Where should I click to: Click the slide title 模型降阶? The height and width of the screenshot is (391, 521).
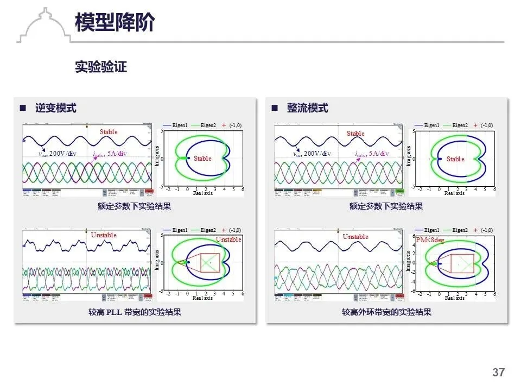[115, 22]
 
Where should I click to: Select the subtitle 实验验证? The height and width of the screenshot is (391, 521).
[101, 67]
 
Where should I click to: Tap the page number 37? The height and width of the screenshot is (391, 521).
[498, 373]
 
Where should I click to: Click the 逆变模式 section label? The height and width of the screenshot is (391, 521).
[55, 108]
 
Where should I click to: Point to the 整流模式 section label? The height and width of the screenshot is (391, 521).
[307, 108]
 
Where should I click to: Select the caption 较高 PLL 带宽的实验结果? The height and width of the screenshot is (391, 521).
[135, 312]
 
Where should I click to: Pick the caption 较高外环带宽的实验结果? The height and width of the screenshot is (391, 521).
[386, 312]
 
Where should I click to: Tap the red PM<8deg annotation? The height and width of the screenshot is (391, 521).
[430, 240]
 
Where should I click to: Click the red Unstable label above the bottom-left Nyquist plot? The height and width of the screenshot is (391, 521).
[228, 239]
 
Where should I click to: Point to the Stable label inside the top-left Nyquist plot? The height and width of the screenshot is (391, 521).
[202, 159]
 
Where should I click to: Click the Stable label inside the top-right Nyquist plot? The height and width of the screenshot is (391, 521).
[455, 159]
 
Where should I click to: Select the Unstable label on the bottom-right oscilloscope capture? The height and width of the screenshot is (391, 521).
[355, 237]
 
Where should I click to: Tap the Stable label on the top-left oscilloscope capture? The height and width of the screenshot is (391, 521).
[109, 132]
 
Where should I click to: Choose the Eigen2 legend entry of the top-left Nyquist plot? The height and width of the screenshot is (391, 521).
[208, 125]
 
